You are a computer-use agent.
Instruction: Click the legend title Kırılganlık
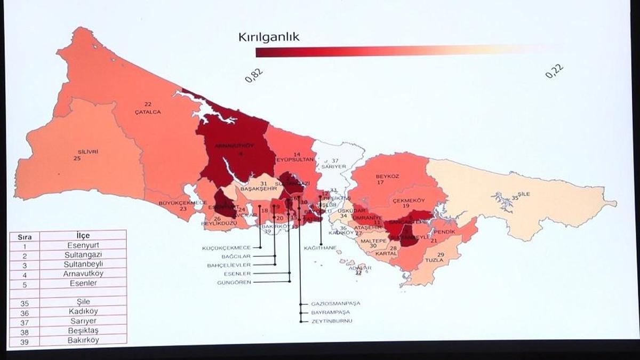[x=269, y=37]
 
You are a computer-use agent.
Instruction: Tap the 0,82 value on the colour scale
[x=254, y=75]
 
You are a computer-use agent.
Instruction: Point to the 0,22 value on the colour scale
[x=554, y=71]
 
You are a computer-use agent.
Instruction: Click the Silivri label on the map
[x=87, y=151]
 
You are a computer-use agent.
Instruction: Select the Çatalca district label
[x=148, y=112]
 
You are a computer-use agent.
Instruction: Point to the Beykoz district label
[x=387, y=176]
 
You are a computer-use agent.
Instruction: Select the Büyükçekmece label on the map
[x=182, y=203]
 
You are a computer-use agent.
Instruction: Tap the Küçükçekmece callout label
[x=226, y=248]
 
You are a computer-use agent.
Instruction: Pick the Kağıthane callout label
[x=320, y=248]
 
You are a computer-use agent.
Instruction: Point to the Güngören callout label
[x=234, y=282]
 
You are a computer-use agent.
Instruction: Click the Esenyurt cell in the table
[x=83, y=245]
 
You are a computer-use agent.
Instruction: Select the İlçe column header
[x=83, y=236]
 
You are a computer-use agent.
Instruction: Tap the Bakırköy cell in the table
[x=83, y=340]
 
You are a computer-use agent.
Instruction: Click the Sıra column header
[x=25, y=236]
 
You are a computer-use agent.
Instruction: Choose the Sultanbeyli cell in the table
[x=83, y=265]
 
